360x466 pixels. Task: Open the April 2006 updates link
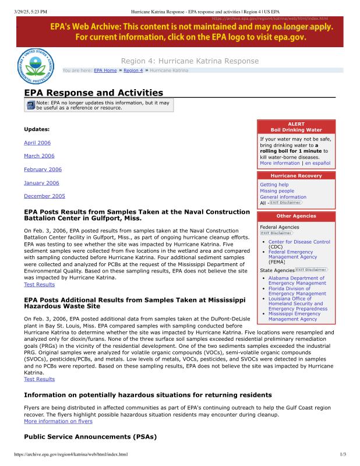click(37, 143)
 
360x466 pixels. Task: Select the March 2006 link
click(39, 156)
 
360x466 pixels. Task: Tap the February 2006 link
click(41, 170)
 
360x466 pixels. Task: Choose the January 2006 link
click(41, 183)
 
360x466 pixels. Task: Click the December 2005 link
click(44, 196)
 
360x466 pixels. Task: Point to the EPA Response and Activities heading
click(93, 93)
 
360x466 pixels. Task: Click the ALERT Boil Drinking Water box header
click(296, 127)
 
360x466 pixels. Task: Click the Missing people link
click(277, 191)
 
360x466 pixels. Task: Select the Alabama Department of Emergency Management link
click(297, 281)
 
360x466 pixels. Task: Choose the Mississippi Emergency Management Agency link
click(297, 316)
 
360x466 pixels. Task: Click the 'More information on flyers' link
click(58, 421)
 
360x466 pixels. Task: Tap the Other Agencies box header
click(296, 216)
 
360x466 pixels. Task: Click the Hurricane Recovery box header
click(296, 175)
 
